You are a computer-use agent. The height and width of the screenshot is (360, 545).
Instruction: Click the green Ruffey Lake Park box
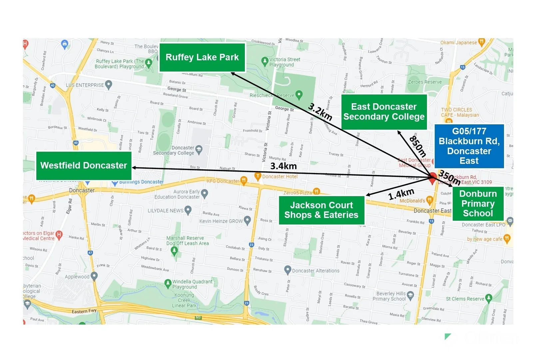click(202, 57)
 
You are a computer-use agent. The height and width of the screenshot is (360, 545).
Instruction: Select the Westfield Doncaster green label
click(84, 165)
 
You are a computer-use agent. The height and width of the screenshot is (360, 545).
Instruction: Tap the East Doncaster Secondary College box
click(384, 112)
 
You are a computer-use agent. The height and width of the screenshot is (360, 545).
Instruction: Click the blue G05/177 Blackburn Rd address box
click(469, 146)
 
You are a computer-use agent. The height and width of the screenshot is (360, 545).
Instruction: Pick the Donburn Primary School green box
click(478, 203)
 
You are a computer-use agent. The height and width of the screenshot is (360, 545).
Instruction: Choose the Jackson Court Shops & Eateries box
click(321, 210)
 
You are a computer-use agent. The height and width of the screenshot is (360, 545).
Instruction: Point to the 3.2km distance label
click(320, 111)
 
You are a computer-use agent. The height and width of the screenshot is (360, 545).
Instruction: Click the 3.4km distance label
click(283, 166)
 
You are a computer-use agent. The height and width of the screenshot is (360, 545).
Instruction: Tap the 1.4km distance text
click(401, 194)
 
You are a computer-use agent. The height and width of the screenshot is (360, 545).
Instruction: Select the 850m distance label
click(417, 146)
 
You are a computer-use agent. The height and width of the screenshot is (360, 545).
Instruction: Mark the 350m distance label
click(449, 177)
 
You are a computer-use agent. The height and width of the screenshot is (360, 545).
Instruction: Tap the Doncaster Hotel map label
click(279, 176)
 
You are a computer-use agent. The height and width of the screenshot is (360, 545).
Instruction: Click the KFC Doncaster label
click(223, 181)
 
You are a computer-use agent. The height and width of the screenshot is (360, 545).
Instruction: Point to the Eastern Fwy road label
click(84, 311)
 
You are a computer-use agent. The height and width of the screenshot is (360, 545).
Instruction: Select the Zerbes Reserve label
click(425, 82)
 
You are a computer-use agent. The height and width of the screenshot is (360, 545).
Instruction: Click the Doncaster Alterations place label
click(315, 271)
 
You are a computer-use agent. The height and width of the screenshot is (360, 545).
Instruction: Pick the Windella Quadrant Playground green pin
click(168, 283)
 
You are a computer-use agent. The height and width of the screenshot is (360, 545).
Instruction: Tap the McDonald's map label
click(412, 201)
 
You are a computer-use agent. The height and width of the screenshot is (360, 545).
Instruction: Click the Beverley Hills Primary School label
click(391, 296)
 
